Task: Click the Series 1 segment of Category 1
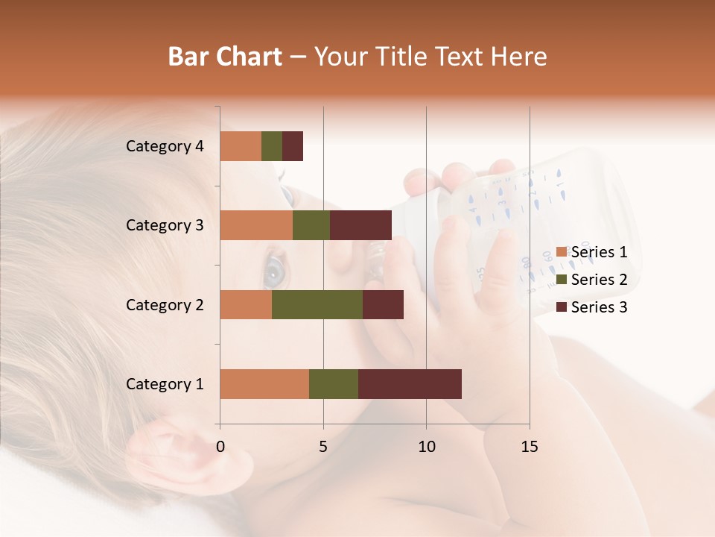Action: click(264, 384)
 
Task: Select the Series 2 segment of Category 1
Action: click(334, 384)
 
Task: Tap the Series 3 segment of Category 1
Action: click(410, 384)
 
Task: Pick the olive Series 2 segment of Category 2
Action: click(317, 304)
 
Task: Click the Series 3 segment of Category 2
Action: click(383, 304)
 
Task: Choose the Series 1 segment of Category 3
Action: click(256, 225)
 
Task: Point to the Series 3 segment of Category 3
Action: click(360, 225)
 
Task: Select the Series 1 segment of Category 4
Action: click(241, 146)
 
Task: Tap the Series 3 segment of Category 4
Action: click(293, 146)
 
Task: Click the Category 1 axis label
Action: click(164, 384)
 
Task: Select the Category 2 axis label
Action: click(164, 304)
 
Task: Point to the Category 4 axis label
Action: click(164, 146)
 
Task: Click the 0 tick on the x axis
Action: click(220, 447)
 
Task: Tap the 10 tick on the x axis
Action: click(426, 447)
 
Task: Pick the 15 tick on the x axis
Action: click(530, 447)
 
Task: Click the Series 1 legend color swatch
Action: click(562, 252)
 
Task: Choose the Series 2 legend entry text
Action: click(599, 280)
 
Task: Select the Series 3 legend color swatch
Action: click(562, 307)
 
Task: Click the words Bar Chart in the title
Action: click(224, 57)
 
